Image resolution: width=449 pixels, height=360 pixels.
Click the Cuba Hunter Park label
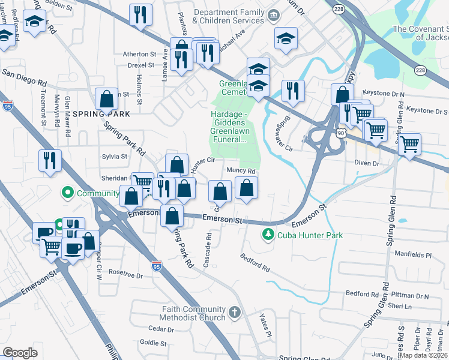[x=310, y=235]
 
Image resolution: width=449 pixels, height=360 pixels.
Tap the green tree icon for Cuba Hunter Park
[x=268, y=235]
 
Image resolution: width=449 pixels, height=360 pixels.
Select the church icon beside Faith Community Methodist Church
[x=235, y=313]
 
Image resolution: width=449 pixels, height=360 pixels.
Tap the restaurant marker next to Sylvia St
[x=49, y=161]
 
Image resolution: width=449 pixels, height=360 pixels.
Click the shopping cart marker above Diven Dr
[x=409, y=144]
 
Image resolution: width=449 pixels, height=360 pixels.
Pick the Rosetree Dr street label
[x=125, y=276]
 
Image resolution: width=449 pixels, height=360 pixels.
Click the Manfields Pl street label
[x=413, y=254]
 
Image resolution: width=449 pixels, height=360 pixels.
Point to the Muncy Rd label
[x=243, y=171]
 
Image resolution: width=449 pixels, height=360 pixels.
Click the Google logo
[x=20, y=352]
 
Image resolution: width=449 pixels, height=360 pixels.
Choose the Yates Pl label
[x=265, y=323]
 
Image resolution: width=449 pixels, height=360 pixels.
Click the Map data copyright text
[x=422, y=355]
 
